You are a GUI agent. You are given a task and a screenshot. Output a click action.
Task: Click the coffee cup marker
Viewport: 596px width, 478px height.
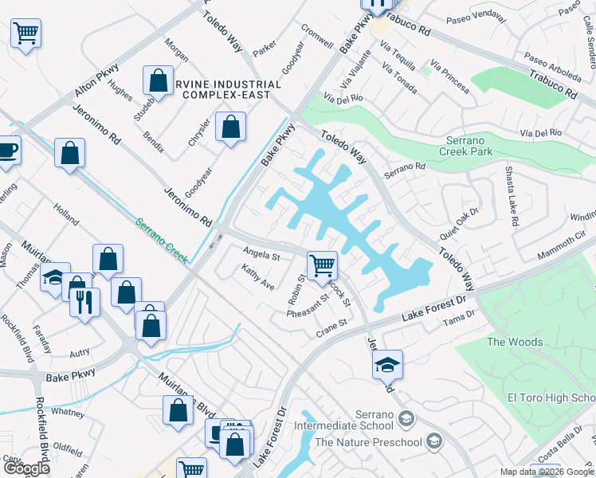click(7, 150)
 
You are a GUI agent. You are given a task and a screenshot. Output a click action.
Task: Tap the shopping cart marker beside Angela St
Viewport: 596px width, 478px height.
click(322, 266)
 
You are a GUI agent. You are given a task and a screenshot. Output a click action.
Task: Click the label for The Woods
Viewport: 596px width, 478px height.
click(515, 342)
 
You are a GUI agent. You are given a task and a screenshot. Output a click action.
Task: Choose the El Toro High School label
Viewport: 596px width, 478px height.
click(551, 398)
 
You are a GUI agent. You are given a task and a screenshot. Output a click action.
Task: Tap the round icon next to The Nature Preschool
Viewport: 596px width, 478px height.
click(434, 441)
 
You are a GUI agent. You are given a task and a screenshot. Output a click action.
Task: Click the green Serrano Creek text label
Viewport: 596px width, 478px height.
click(161, 241)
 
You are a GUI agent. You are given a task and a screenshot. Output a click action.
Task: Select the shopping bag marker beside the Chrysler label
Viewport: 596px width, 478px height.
click(230, 127)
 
